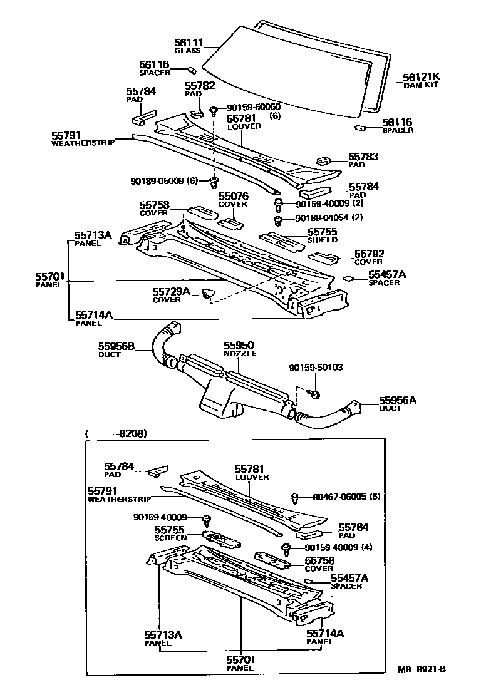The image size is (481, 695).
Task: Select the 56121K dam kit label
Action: (x=404, y=77)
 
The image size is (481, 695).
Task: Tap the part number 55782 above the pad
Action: (x=200, y=86)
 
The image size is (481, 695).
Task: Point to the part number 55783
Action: (x=363, y=157)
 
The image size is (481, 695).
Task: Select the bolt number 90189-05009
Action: (x=160, y=181)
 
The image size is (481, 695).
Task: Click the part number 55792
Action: (x=369, y=254)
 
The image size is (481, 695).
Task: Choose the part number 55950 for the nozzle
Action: (x=236, y=346)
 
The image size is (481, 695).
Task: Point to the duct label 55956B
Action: (x=116, y=346)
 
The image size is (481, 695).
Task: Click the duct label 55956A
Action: (x=397, y=400)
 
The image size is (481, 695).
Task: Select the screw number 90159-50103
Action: (x=316, y=368)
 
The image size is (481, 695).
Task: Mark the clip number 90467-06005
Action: (x=338, y=497)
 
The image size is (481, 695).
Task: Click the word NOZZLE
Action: (x=237, y=354)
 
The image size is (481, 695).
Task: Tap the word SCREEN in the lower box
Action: (x=167, y=538)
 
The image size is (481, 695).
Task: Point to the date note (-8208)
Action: (x=116, y=433)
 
